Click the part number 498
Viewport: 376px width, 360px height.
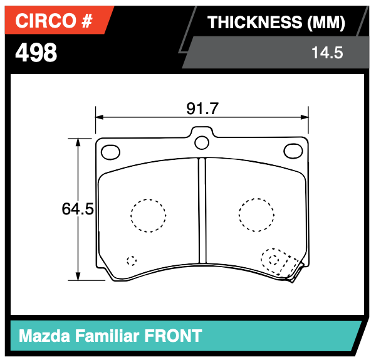(36, 53)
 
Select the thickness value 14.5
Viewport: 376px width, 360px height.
(326, 53)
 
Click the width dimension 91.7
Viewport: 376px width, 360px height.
(202, 109)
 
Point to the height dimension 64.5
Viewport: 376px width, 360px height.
(78, 209)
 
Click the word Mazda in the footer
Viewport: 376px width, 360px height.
(44, 336)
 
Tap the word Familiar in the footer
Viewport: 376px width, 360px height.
(107, 336)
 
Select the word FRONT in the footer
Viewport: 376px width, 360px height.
(174, 336)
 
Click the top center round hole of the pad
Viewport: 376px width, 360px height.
(202, 142)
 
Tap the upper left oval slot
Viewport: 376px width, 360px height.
(111, 151)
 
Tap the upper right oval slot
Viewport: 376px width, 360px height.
(293, 151)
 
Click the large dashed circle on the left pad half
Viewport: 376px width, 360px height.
(149, 216)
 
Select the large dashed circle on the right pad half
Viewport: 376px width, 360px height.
(256, 215)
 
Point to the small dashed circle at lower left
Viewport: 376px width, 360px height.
(131, 260)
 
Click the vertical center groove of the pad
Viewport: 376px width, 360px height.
(202, 210)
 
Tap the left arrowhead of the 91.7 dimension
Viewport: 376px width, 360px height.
(98, 117)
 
